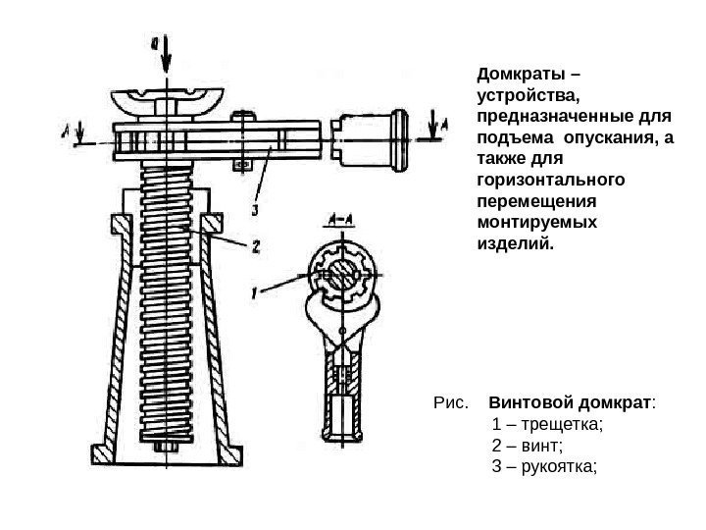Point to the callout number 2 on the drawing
click(255, 247)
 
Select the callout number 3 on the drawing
click(254, 208)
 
